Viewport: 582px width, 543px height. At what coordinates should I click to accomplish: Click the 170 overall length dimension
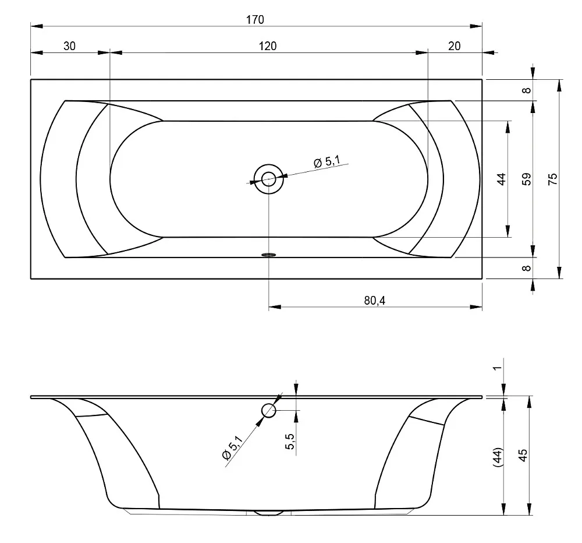point(255,19)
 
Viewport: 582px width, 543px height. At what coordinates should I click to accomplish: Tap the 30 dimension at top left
point(69,46)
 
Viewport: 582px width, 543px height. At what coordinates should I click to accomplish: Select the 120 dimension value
point(268,46)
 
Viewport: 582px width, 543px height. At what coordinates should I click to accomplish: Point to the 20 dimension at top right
point(455,46)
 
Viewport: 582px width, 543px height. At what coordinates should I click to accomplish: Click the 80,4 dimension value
point(374,300)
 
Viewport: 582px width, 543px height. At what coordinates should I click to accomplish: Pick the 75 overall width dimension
point(553,179)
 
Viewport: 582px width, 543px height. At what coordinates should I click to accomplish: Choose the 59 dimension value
point(526,179)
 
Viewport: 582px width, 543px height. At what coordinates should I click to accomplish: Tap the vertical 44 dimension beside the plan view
point(501,179)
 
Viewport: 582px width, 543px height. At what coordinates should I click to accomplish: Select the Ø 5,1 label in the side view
point(232,448)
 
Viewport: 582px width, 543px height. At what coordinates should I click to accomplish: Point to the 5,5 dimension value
point(290,442)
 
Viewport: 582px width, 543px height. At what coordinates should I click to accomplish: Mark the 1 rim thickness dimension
point(498,368)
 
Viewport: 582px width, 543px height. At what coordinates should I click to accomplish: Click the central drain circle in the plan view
point(269,179)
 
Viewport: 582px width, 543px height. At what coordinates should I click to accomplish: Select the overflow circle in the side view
point(269,411)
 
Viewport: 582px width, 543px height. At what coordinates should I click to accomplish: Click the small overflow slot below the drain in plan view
point(269,255)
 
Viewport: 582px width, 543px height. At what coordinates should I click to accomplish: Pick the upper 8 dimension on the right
point(526,90)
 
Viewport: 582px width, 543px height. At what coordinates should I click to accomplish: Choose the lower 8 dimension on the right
point(526,268)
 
